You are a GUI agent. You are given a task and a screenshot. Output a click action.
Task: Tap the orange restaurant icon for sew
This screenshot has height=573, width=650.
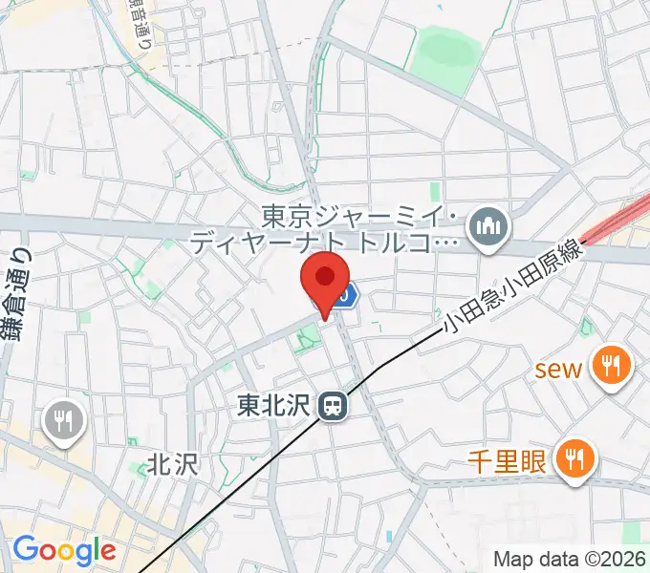point(608,366)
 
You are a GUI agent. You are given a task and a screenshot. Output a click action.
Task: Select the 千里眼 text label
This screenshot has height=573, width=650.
point(507,463)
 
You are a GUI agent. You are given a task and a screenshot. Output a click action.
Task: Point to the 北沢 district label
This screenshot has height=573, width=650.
point(172,465)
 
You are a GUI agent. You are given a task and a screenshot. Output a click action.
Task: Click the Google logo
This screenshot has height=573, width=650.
point(64,550)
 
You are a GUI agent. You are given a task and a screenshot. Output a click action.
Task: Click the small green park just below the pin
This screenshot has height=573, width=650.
point(308,337)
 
